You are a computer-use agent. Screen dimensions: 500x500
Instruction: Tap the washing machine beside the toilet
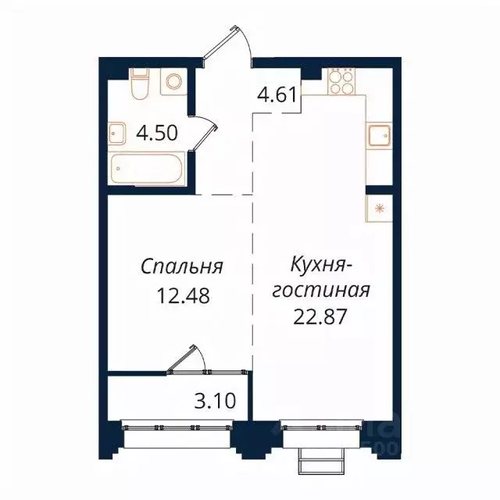[173, 82]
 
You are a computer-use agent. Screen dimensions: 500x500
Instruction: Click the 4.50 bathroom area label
[157, 133]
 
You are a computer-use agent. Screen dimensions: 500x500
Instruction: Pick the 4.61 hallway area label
[277, 96]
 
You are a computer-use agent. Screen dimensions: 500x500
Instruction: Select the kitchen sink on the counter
[380, 137]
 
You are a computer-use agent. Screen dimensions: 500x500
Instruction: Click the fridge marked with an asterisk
[380, 208]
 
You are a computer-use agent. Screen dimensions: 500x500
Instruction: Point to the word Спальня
[183, 267]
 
